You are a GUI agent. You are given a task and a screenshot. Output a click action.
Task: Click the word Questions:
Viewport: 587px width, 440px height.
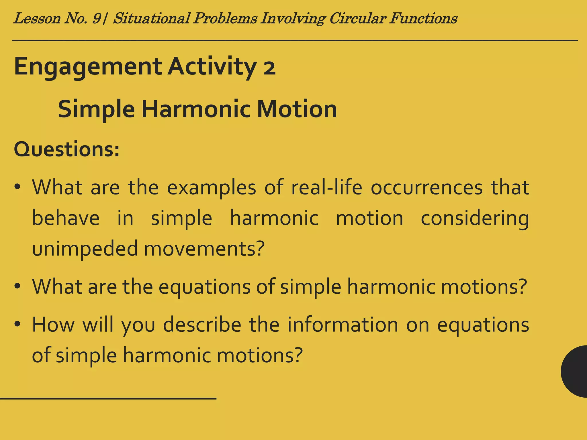[66, 150]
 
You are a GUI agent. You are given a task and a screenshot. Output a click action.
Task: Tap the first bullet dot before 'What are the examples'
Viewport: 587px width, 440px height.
[17, 188]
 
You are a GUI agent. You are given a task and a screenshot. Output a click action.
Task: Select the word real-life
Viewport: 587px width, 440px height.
[327, 188]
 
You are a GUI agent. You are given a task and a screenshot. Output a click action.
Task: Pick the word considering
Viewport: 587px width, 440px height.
[475, 219]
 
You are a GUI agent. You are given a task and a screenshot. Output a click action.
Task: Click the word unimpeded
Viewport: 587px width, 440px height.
[85, 249]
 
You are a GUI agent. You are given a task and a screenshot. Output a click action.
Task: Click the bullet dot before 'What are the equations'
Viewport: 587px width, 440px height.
[17, 286]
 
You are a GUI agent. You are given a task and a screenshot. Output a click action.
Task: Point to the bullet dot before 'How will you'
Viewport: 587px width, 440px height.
[17, 325]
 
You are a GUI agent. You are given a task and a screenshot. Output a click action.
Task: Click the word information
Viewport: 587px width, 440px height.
[343, 325]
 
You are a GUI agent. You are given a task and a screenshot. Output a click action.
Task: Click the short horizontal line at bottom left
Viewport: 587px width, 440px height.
[108, 398]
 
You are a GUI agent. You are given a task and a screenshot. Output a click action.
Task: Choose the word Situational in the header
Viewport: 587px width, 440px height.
[152, 19]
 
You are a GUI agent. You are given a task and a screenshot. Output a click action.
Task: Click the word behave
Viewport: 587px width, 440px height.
[66, 219]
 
